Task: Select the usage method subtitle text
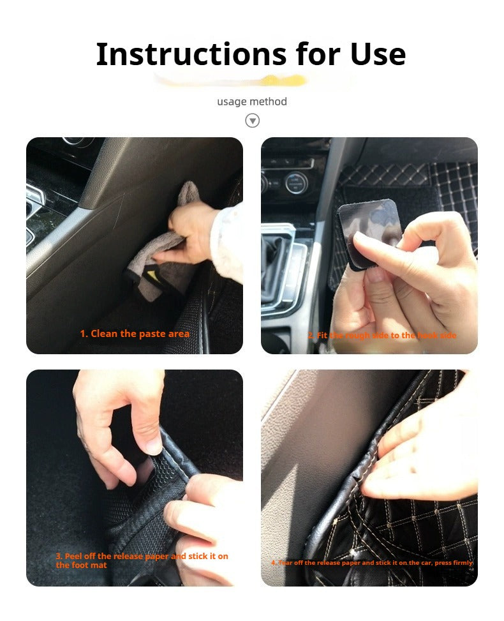pos(252,101)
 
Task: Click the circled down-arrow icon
pos(253,121)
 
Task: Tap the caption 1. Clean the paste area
pos(135,334)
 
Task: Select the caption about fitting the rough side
pos(382,336)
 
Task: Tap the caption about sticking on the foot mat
pos(142,560)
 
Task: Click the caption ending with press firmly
pos(372,563)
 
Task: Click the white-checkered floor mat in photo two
pos(453,191)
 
